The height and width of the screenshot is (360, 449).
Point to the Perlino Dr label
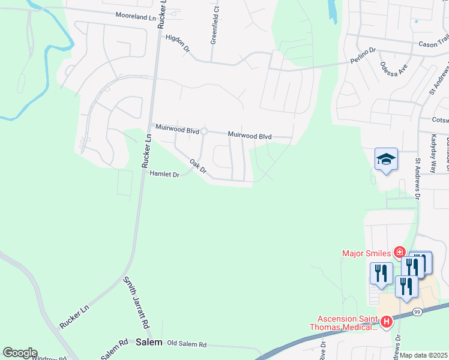(363, 52)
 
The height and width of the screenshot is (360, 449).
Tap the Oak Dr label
(197, 166)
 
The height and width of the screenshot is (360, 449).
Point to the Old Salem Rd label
(187, 345)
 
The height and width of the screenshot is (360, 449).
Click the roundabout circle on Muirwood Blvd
(204, 131)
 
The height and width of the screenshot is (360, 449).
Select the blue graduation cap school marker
(386, 160)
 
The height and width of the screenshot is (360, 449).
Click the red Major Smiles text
(367, 253)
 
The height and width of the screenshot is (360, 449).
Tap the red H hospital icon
(387, 322)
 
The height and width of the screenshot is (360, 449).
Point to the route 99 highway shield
(416, 311)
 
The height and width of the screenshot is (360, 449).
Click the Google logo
(20, 353)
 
